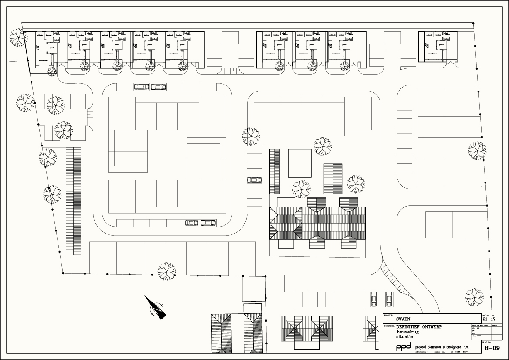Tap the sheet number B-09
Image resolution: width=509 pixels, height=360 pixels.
pyautogui.click(x=492, y=348)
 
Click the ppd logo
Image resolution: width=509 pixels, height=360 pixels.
pyautogui.click(x=403, y=347)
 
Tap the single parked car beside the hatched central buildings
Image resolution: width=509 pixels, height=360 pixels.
pyautogui.click(x=254, y=180)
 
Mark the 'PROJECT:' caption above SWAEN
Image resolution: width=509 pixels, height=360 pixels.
pyautogui.click(x=388, y=315)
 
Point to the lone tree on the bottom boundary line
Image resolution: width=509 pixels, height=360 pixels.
pyautogui.click(x=166, y=271)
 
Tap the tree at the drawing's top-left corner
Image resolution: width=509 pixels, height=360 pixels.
pyautogui.click(x=18, y=37)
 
